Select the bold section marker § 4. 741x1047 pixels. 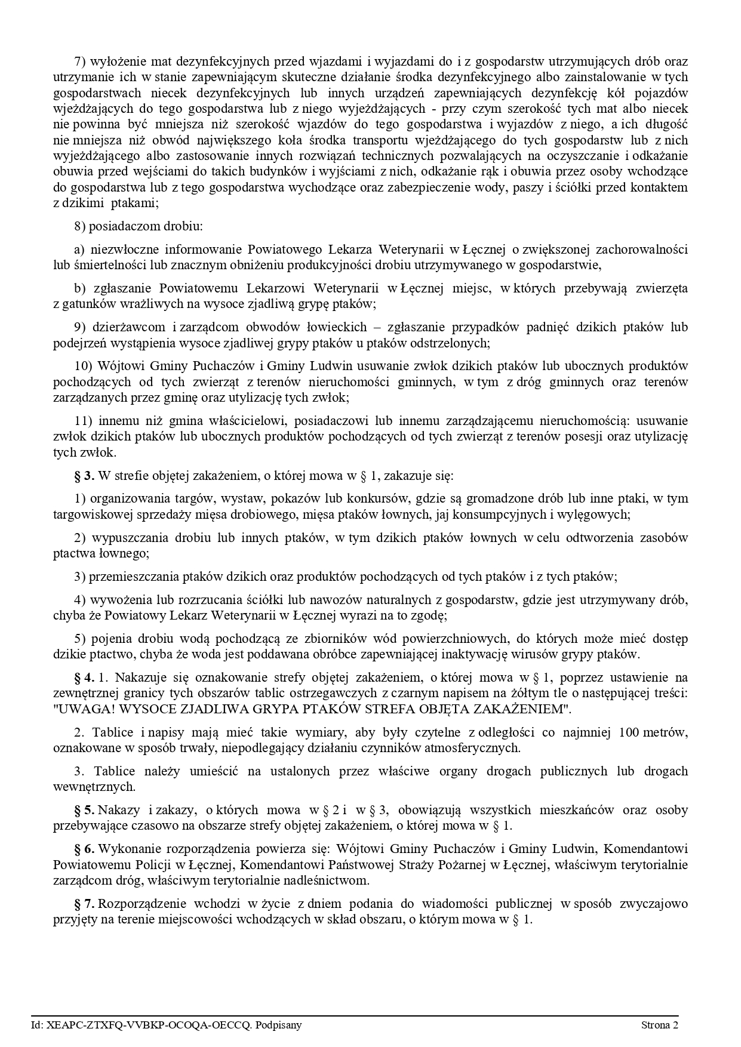[84, 678]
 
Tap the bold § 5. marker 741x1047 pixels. [84, 810]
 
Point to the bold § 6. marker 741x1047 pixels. [84, 849]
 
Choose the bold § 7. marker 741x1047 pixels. [84, 904]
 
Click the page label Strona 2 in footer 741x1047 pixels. [660, 1026]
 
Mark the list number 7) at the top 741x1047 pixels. [80, 61]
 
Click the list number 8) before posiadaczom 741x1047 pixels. [80, 226]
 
